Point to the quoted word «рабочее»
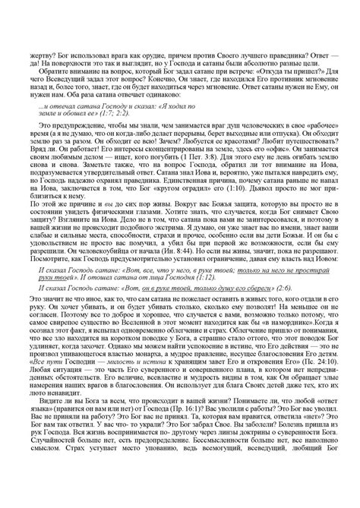tap(311, 126)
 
